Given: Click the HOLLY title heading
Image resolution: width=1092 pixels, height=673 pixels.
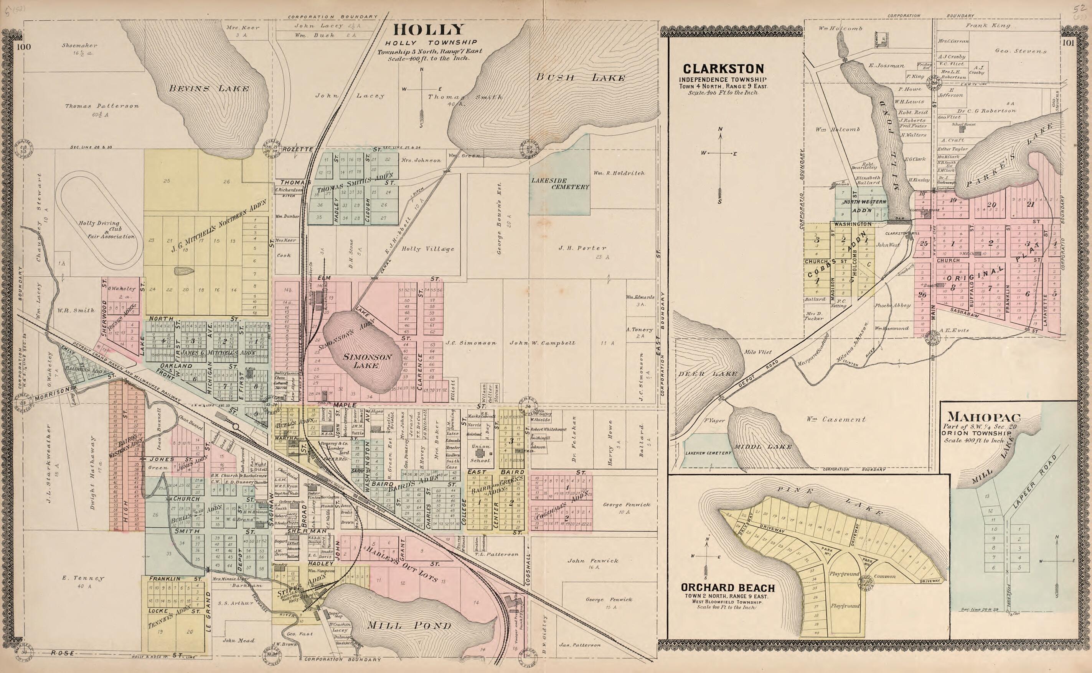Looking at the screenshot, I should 428,30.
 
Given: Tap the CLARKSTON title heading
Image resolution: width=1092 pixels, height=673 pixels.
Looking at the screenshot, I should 723,69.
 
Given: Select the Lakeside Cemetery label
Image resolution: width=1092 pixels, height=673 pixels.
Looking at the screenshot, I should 559,183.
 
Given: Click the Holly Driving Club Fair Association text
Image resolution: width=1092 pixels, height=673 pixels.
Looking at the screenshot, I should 106,230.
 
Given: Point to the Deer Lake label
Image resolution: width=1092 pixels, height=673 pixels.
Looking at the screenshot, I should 707,374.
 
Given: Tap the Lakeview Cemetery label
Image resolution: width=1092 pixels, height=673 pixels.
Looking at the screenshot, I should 708,453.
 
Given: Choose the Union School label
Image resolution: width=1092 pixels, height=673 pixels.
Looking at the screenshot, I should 480,453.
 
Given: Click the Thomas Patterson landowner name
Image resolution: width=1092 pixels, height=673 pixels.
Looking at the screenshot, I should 102,107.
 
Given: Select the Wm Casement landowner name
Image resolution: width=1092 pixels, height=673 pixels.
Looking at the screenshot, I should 836,419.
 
